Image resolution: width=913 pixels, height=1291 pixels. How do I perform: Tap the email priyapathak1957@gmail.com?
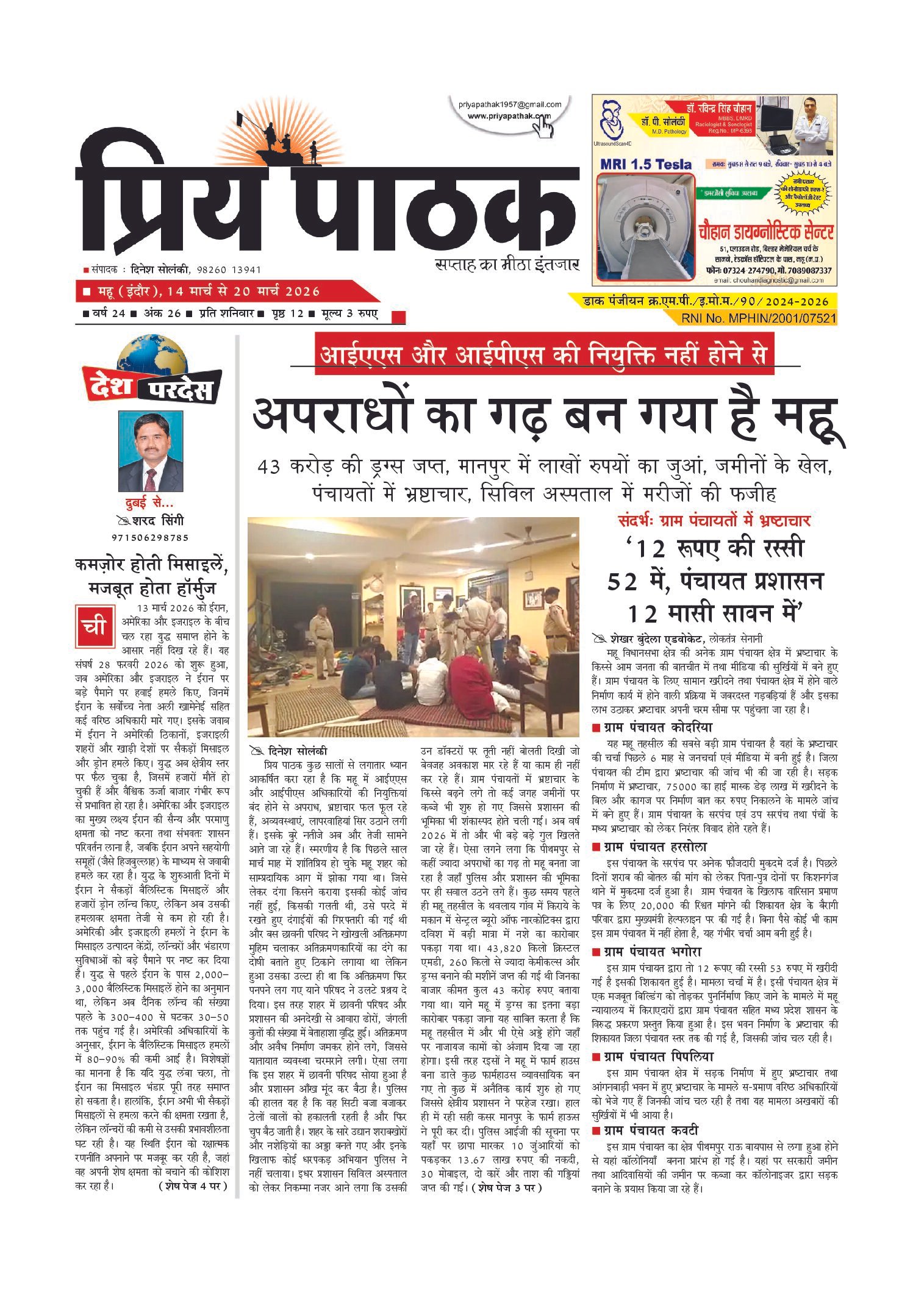[510, 105]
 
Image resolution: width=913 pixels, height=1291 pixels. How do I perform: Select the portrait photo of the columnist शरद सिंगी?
[151, 452]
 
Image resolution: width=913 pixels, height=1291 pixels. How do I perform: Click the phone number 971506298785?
[150, 537]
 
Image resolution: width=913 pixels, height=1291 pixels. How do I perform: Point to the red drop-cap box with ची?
[95, 627]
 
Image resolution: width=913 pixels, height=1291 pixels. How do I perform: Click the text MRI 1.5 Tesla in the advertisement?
[646, 165]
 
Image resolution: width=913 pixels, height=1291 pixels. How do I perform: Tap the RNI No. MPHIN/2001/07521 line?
[758, 318]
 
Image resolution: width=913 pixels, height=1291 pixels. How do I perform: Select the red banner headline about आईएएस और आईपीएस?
[544, 354]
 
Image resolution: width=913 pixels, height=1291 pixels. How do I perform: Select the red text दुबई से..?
[149, 503]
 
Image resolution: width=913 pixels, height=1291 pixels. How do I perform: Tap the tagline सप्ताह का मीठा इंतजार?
[506, 265]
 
